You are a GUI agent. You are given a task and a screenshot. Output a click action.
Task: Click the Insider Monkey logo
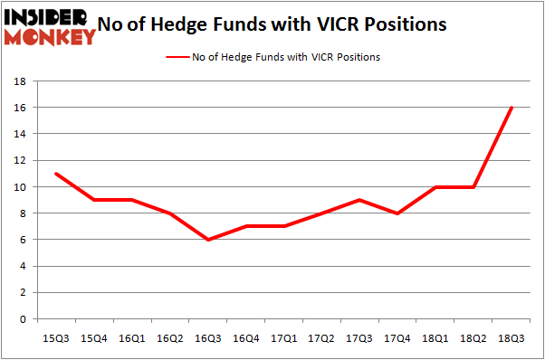[50, 25]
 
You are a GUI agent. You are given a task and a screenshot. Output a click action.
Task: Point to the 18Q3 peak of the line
[512, 108]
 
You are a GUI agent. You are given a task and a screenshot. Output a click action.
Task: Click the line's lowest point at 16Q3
[208, 240]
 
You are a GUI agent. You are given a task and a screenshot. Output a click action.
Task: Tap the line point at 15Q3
[56, 174]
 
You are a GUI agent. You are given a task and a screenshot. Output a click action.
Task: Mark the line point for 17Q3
[360, 200]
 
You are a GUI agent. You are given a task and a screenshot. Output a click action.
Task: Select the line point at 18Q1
[435, 187]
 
